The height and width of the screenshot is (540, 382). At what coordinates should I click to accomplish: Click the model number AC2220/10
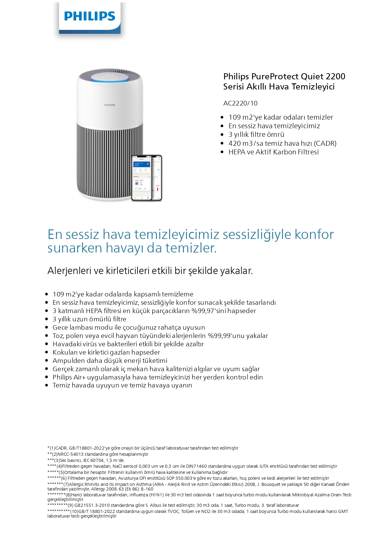coord(240,103)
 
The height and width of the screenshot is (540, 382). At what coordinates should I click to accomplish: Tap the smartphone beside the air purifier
coord(146,178)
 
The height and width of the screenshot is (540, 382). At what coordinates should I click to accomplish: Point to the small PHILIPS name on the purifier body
coord(109,105)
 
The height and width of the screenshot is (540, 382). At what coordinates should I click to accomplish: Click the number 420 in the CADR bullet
coord(235,144)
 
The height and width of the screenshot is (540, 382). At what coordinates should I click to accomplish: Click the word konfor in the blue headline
coord(314,234)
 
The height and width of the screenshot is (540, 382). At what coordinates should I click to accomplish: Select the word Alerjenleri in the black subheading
coord(70,271)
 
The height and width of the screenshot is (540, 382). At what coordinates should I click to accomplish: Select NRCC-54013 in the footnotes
coord(71,454)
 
